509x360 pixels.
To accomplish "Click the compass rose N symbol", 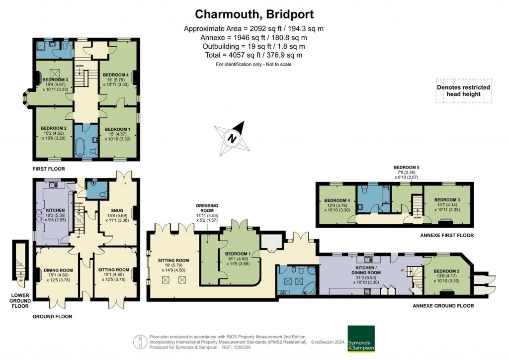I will [x=231, y=139].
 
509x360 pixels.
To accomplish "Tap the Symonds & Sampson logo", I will [x=361, y=339].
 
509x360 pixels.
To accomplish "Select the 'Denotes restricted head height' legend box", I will [x=463, y=90].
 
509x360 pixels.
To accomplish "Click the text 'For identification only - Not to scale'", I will [x=254, y=65].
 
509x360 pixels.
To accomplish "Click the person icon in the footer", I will [x=139, y=342].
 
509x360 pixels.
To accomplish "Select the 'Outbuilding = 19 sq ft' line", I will [x=254, y=46].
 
